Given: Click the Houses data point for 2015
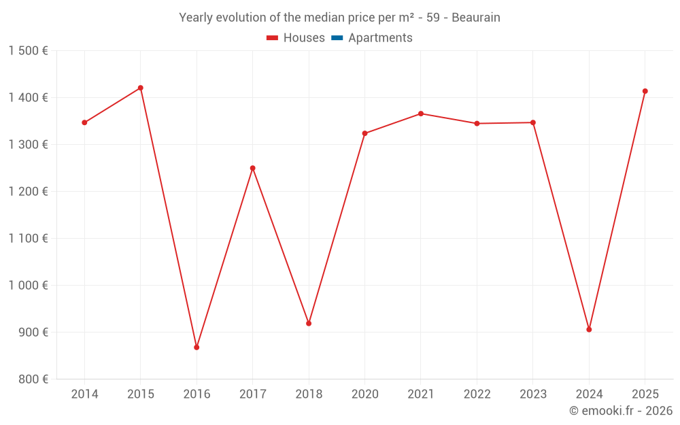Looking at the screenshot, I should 141,88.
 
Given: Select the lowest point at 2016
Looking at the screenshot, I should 197,347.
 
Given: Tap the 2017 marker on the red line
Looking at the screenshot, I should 253,168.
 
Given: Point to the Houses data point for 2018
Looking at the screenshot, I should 309,324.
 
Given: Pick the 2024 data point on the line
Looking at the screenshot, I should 589,330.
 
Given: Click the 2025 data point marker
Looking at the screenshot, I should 645,91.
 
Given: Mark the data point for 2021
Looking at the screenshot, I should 421,114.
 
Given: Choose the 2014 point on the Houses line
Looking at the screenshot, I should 84,122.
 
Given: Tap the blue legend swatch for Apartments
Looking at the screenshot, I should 336,38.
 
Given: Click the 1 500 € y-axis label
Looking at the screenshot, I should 28,51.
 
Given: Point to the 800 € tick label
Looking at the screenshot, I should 32,379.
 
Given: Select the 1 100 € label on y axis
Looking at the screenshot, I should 28,239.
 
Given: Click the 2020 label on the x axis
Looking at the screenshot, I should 364,394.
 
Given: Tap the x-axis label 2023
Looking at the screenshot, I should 533,394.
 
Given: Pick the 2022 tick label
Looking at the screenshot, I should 477,394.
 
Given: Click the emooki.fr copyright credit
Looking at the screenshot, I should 621,411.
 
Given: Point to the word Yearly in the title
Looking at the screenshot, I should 196,18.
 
